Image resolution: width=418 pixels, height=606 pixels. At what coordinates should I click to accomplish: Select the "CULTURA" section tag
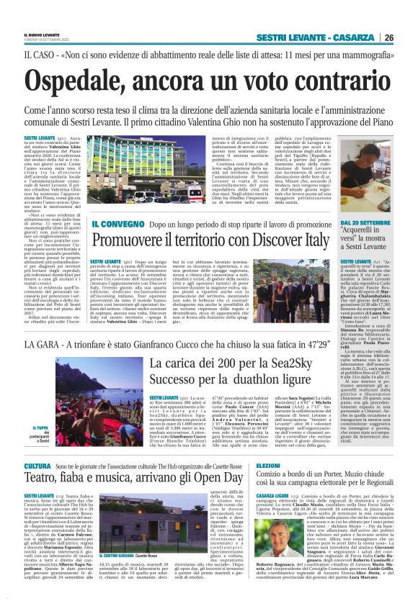pos(37,466)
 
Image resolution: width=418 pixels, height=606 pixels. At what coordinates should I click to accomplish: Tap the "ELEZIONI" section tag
pos(268,466)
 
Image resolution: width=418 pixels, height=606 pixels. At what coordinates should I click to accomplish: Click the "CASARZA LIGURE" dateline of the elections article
pos(272,496)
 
